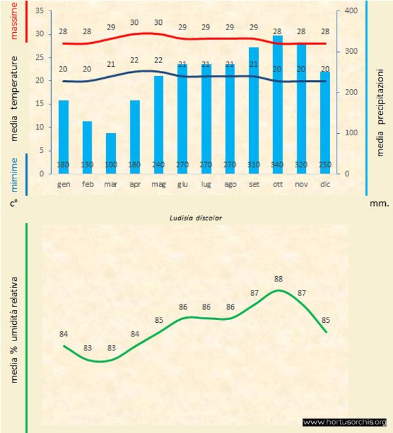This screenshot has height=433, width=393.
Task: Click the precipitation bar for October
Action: click(x=278, y=98)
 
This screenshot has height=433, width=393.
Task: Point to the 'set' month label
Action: click(x=254, y=184)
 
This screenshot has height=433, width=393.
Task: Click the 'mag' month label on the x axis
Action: click(x=159, y=184)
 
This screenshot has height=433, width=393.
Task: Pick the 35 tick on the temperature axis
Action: click(x=39, y=11)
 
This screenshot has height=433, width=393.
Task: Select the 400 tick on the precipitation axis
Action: click(x=351, y=11)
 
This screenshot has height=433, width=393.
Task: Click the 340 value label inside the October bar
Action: click(x=278, y=165)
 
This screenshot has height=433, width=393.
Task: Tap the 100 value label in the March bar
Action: click(x=111, y=165)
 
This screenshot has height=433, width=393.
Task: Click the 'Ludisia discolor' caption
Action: click(x=196, y=217)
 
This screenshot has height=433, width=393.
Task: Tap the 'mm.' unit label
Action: click(x=379, y=203)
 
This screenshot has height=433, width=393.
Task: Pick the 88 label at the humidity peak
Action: click(x=278, y=279)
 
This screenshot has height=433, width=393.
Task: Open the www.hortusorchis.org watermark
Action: click(x=345, y=422)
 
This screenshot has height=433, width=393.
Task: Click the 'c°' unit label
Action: click(x=13, y=203)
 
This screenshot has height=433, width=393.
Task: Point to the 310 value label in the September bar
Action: click(x=254, y=165)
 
